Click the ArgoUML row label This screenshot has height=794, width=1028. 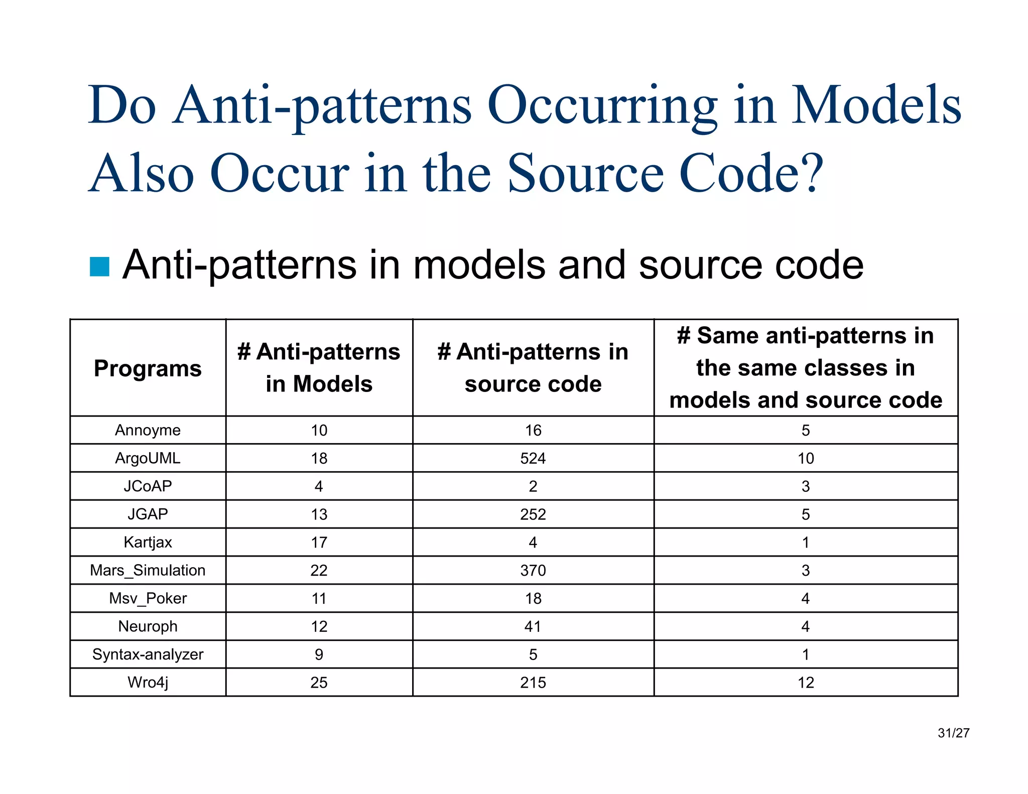point(148,458)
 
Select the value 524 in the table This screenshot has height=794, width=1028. point(533,458)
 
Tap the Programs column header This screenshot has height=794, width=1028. point(148,368)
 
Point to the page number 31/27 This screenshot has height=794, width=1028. point(953,733)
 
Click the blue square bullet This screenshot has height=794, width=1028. point(99,267)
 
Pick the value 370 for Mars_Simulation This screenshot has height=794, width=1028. point(533,571)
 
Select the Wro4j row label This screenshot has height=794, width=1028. point(148,683)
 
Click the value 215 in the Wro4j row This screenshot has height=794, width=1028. point(533,683)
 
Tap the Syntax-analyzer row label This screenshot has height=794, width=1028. point(148,654)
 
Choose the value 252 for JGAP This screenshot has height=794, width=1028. point(533,514)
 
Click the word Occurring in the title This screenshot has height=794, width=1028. point(602,106)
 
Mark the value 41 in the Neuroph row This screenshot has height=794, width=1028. point(533,626)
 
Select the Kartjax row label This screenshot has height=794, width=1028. point(148,543)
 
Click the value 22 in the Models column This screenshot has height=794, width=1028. point(319,571)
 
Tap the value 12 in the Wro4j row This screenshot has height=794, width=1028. point(806,683)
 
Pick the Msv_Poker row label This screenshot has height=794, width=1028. point(148,598)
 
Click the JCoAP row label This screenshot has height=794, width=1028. point(148,486)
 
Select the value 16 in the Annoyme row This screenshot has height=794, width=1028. point(533,430)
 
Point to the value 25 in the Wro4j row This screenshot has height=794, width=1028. point(319,683)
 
